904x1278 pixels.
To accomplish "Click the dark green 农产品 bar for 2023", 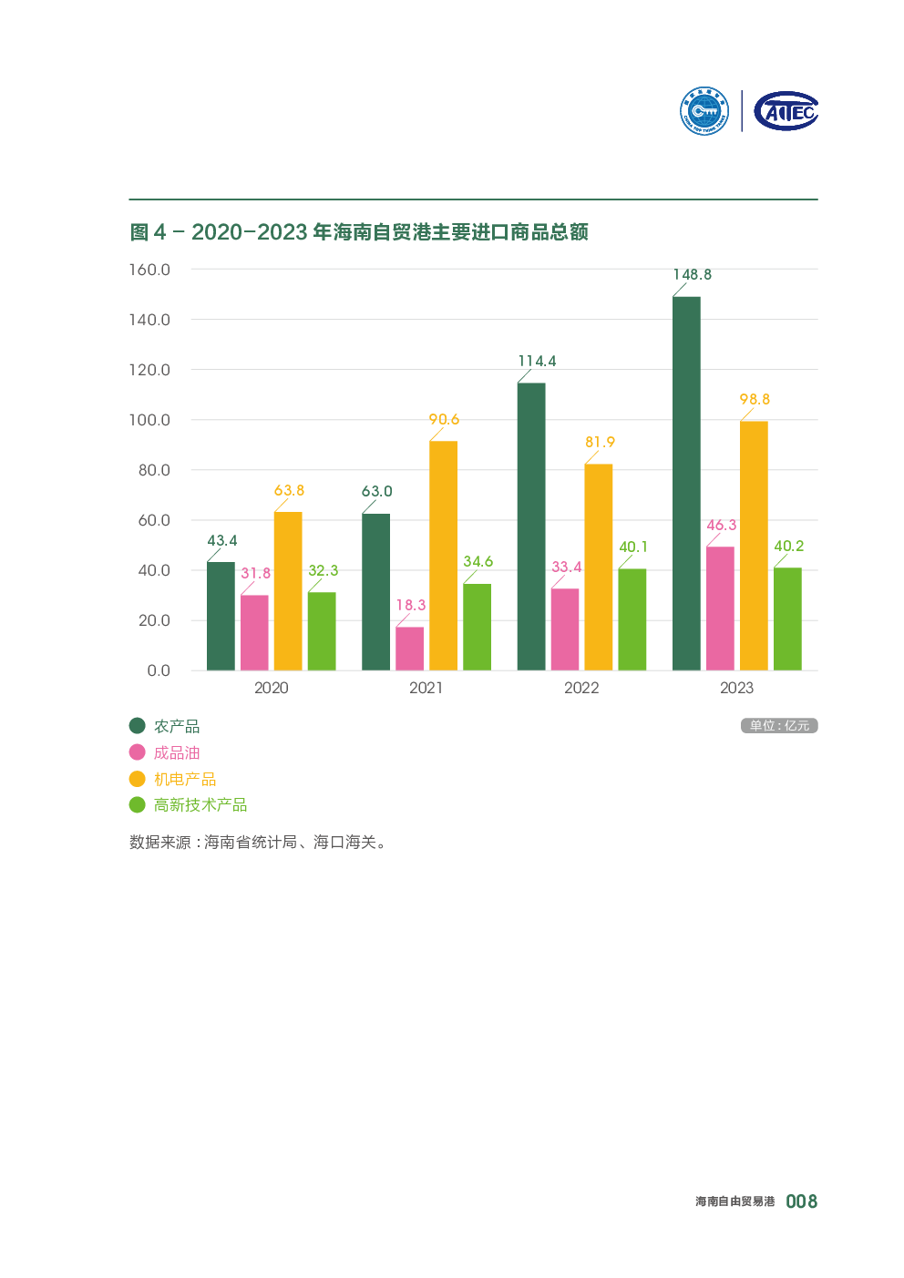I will click(x=686, y=483).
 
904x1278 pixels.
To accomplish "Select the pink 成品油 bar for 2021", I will click(x=409, y=649).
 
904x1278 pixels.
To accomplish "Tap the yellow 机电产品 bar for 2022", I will click(x=599, y=567).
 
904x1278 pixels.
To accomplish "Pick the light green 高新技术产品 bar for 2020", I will click(x=322, y=631).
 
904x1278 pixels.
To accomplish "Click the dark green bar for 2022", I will click(x=531, y=527).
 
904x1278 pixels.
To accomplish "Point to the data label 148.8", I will click(x=693, y=274).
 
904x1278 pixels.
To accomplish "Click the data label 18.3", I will click(x=411, y=605).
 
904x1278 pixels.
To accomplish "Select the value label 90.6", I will click(x=444, y=419).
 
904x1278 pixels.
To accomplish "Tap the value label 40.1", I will click(x=633, y=547).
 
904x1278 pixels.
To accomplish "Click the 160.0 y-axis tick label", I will click(x=149, y=270).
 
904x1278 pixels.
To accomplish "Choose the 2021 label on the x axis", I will click(x=426, y=688).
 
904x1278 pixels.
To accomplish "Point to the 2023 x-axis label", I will click(x=736, y=688).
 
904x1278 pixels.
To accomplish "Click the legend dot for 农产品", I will click(x=138, y=726).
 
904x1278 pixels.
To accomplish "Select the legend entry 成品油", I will click(x=177, y=752).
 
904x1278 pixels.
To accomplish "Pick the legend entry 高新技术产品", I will click(x=200, y=805).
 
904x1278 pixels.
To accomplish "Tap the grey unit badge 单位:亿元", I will click(x=779, y=726).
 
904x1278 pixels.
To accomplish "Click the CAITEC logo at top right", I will click(x=786, y=111).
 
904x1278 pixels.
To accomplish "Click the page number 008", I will click(x=801, y=1201).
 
